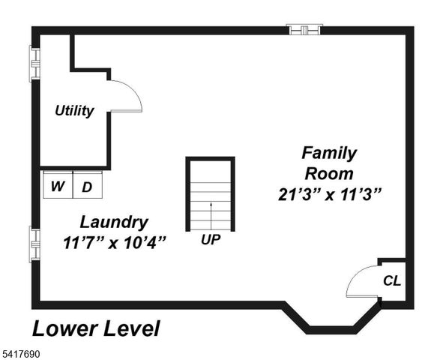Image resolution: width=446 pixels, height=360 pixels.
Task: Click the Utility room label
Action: click(x=74, y=111)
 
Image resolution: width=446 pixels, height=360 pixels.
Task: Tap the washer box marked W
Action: click(x=57, y=187)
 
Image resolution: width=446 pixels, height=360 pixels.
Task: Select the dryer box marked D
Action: click(x=87, y=187)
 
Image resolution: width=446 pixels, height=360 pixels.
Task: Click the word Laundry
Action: click(x=114, y=222)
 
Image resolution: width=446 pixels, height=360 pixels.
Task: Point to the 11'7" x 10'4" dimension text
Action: click(x=114, y=243)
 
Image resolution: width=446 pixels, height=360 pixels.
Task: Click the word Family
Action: click(x=329, y=153)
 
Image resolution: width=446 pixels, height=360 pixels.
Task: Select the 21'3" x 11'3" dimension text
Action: click(x=329, y=193)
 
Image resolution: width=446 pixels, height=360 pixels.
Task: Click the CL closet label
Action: click(x=391, y=281)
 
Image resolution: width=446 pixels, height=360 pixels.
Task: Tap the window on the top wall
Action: click(x=305, y=30)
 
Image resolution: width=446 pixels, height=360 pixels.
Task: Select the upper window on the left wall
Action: click(x=34, y=64)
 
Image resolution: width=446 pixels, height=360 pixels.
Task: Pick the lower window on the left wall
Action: click(x=34, y=244)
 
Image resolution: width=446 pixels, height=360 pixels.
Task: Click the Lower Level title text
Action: click(x=95, y=328)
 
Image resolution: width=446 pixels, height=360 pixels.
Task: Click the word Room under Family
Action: click(x=329, y=173)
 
